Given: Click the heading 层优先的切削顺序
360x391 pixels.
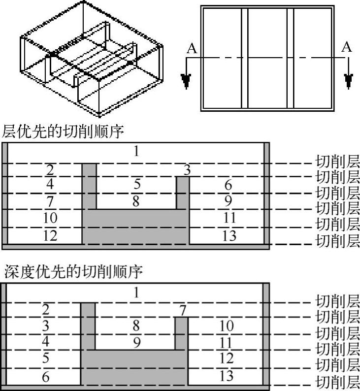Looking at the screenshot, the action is [63, 132].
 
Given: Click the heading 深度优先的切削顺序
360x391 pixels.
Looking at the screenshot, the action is [74, 271].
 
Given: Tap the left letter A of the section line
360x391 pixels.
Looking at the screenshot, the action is [192, 48].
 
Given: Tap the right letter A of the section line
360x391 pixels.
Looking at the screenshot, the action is [347, 47].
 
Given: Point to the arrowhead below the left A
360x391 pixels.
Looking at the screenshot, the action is [186, 80].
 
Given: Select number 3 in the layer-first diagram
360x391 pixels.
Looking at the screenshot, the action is [187, 170].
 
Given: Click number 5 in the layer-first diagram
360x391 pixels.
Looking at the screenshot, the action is [137, 184].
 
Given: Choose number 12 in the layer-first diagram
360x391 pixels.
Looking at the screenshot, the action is [50, 235].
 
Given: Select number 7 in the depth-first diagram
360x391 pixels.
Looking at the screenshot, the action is [183, 311].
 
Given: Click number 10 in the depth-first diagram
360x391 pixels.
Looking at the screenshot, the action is [226, 326].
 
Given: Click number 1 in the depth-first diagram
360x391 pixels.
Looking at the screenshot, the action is [137, 293].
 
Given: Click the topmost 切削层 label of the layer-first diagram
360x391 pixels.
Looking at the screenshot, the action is [338, 161].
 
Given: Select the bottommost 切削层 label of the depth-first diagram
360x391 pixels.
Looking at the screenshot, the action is [338, 382].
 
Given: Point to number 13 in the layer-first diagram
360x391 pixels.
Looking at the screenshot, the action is [229, 235].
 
